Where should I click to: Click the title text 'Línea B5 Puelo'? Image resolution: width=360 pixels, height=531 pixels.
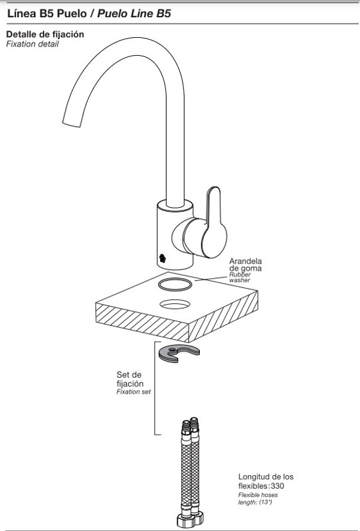pos(46,13)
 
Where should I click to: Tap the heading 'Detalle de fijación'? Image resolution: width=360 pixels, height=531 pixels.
pos(45,35)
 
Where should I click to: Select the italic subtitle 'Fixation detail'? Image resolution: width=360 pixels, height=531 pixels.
pos(32,44)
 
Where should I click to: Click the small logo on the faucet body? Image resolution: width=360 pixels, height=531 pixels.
pos(162,258)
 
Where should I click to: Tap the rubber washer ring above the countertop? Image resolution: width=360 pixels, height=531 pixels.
pos(175,284)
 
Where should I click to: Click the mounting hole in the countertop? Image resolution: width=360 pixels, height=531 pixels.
pos(175,304)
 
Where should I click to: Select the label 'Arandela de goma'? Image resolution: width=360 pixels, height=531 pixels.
pos(245,264)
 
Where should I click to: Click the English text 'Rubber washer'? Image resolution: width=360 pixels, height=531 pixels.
pos(240,277)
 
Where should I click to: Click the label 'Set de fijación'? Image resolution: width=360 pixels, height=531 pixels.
pos(130,379)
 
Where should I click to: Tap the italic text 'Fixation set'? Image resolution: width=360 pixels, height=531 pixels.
pos(134,392)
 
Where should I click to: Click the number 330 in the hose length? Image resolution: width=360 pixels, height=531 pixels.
pos(278,486)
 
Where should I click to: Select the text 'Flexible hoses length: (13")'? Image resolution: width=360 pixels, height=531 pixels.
pos(258,498)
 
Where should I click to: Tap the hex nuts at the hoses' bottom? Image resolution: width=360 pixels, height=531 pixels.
pos(190,518)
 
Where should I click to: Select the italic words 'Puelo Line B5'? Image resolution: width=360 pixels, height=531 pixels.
pos(134,13)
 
